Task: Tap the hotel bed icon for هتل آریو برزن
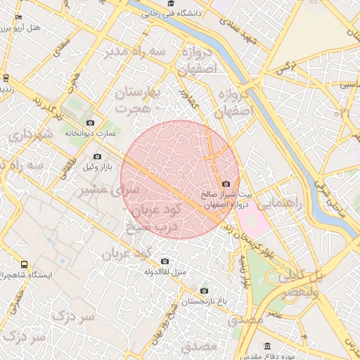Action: point(18,16)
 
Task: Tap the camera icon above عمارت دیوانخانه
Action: point(90,123)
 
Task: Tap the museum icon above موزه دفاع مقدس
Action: point(267,346)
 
